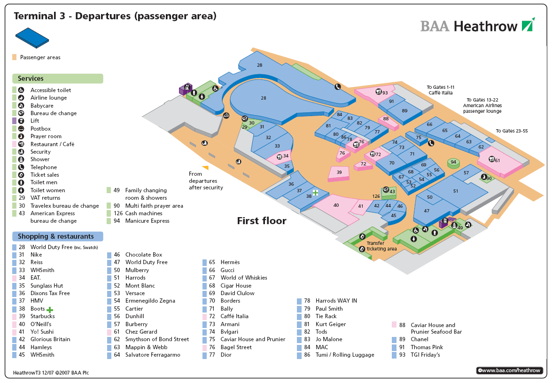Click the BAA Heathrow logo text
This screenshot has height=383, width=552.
(469, 26)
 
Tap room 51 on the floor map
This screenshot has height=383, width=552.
(455, 191)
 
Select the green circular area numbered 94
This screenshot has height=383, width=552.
(453, 163)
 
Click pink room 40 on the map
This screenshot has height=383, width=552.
(336, 205)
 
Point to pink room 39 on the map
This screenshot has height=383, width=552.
(339, 173)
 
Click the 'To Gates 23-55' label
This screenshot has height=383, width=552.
(512, 131)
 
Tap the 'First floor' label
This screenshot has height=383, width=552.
(261, 221)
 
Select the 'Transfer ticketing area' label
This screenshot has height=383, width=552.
(381, 246)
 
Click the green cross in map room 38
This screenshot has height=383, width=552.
(316, 193)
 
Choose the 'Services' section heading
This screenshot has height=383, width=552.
(31, 78)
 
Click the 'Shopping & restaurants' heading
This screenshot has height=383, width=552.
(55, 236)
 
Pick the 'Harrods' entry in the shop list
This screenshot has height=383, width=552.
(136, 278)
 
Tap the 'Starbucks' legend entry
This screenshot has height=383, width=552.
(42, 316)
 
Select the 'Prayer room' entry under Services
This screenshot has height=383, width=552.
(46, 136)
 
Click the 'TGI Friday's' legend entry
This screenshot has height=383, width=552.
(425, 355)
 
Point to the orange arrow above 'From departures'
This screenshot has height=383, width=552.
(205, 167)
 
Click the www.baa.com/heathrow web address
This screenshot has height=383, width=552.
(510, 371)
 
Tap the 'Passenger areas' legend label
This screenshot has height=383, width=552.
(40, 57)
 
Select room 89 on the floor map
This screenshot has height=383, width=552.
(404, 110)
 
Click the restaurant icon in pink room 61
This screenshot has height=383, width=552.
(491, 159)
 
